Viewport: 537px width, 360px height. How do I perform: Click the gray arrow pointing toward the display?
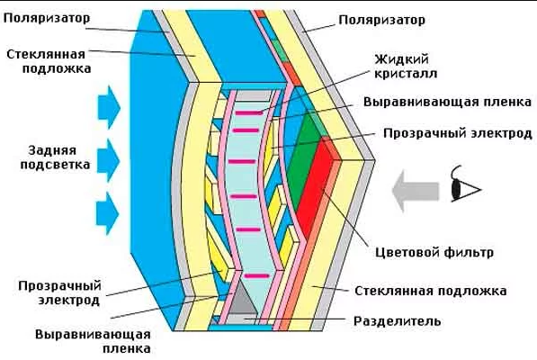tap(415, 191)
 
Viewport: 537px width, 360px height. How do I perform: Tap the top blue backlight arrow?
tap(109, 107)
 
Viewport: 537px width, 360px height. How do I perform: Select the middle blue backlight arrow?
tap(109, 160)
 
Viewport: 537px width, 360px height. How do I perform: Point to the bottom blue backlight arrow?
tap(108, 213)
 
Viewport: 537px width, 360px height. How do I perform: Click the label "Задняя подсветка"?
tap(55, 157)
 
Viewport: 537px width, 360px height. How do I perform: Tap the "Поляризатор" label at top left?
tap(47, 18)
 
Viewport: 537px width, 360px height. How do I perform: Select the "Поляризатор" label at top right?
tap(382, 20)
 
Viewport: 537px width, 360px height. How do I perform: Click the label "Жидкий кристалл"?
tap(406, 66)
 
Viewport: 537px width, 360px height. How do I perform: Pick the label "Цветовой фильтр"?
tap(434, 252)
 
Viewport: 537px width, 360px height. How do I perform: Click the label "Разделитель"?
tap(397, 321)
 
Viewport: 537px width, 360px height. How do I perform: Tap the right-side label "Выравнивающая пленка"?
tap(447, 102)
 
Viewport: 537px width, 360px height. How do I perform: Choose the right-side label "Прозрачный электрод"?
tap(458, 133)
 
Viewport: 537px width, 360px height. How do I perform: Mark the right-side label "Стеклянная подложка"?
tap(431, 291)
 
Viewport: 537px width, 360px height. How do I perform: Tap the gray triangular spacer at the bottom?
tap(243, 298)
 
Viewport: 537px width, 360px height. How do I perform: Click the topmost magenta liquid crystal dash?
tap(249, 112)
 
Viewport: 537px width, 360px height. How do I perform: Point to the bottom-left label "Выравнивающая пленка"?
tap(93, 341)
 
